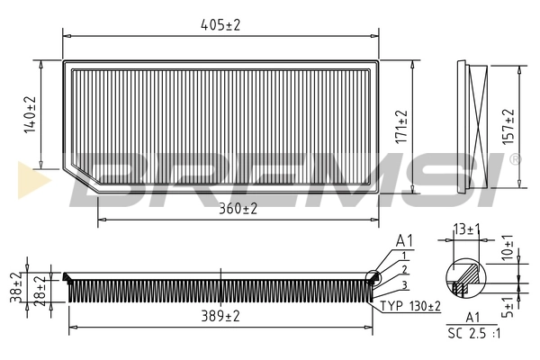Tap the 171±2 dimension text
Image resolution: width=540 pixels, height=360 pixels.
click(x=402, y=127)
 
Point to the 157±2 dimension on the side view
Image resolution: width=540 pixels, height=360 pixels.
click(x=509, y=127)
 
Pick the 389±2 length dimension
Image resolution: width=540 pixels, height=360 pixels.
click(x=220, y=316)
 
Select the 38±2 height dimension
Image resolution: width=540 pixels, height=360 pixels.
click(x=13, y=289)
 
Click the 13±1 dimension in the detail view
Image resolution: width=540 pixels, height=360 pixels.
click(x=466, y=229)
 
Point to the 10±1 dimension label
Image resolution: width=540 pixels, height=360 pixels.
click(x=509, y=247)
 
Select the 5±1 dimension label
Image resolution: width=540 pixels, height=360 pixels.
click(x=509, y=305)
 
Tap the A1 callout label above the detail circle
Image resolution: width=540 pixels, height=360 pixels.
click(x=404, y=240)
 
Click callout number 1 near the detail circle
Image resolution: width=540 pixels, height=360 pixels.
click(x=405, y=256)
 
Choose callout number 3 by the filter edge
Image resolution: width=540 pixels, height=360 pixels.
click(x=405, y=285)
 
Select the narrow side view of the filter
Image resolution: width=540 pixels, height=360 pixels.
click(x=473, y=127)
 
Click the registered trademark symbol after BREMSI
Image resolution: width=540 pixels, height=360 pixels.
click(x=515, y=159)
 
